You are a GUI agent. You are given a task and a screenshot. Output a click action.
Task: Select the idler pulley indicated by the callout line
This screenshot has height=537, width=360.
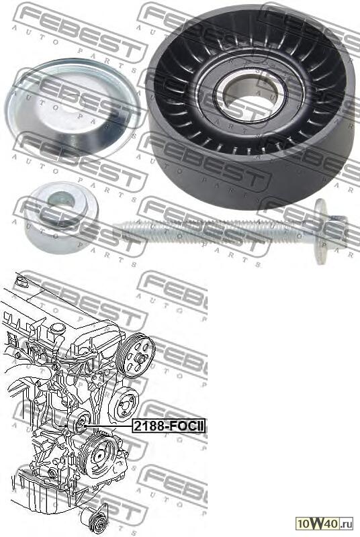(x=79, y=423)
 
